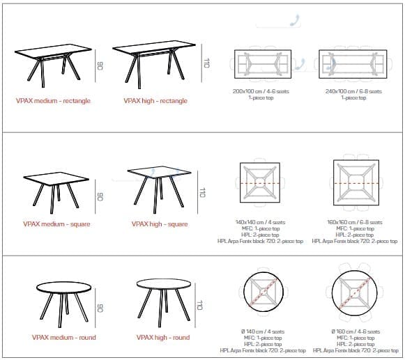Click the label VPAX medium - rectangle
point(53,101)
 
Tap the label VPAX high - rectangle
point(155,101)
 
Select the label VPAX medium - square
point(56,224)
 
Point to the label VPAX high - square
point(160,224)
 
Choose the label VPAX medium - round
point(64,337)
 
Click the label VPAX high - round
point(163,337)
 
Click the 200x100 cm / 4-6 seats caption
point(261,91)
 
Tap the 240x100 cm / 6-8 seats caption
point(353,91)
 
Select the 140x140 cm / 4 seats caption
point(261,222)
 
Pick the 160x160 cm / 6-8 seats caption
point(355,222)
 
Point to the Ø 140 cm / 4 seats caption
point(263,331)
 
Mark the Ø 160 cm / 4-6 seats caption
point(356,331)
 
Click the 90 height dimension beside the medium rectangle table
point(100,66)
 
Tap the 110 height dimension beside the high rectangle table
point(206,63)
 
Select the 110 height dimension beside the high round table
point(200,305)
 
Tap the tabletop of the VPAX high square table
point(159,171)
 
